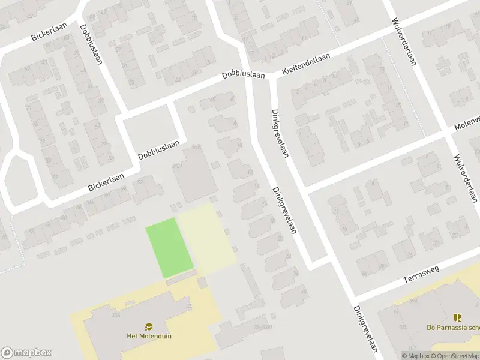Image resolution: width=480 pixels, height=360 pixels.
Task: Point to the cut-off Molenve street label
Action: (467, 122)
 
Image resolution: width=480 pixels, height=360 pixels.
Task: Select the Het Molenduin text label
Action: (149, 336)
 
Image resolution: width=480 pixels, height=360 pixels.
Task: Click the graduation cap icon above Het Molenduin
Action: (149, 326)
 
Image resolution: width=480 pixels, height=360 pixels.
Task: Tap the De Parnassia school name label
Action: (453, 328)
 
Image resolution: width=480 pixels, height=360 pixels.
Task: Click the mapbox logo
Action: (26, 353)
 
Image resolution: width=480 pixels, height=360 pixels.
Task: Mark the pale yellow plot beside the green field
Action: (206, 238)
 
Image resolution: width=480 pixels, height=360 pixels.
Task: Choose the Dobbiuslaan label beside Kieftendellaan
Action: (244, 75)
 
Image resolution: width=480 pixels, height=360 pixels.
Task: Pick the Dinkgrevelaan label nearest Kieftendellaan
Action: (280, 133)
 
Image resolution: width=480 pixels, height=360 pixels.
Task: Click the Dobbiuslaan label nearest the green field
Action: (159, 149)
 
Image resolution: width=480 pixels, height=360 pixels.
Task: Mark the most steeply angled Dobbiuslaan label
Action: (91, 44)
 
